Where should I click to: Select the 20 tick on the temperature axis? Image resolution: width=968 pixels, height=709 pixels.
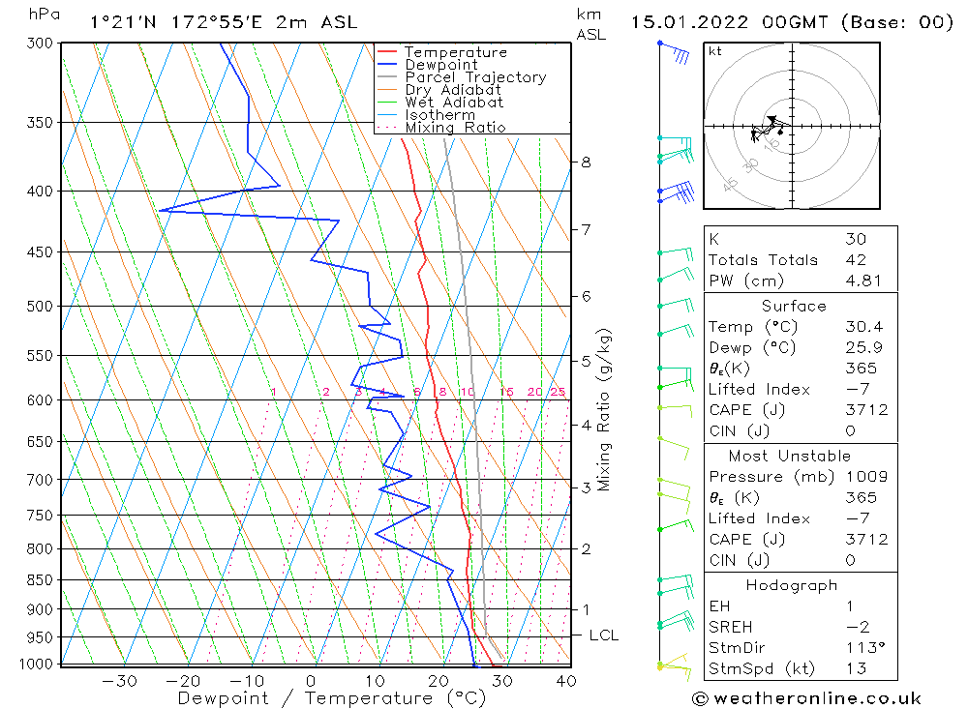(x=438, y=681)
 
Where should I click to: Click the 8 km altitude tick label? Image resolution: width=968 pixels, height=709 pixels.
(x=586, y=162)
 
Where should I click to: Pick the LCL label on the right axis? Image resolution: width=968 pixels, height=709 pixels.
(x=603, y=635)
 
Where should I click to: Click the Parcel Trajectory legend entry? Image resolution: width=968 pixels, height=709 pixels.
(x=474, y=77)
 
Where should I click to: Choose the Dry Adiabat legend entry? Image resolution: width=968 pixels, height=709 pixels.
(x=453, y=90)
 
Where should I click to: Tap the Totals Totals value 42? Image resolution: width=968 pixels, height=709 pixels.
(x=856, y=259)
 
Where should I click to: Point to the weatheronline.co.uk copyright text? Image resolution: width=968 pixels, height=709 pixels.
(x=806, y=698)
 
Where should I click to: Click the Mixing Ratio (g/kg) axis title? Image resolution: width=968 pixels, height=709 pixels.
(x=605, y=410)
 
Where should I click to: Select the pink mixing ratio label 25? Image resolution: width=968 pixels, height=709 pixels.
(x=558, y=392)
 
